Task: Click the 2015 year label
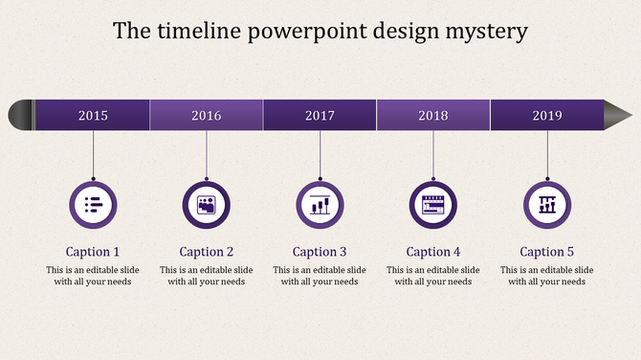tap(93, 116)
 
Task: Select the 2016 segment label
tap(206, 116)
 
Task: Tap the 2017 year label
tap(320, 116)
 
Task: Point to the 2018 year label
tap(433, 116)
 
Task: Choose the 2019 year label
tap(547, 116)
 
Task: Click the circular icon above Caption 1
tap(93, 204)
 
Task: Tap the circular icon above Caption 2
tap(207, 204)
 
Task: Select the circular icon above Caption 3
tap(320, 204)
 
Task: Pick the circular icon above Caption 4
tap(433, 204)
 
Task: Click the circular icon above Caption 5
tap(547, 204)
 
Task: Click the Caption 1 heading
tap(93, 252)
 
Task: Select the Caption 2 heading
tap(207, 252)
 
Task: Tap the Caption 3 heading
tap(320, 252)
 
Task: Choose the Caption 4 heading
tap(433, 252)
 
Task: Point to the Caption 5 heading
tap(547, 252)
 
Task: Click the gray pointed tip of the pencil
tap(617, 115)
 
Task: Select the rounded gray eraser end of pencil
tap(19, 115)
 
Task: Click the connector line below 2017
tap(320, 153)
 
